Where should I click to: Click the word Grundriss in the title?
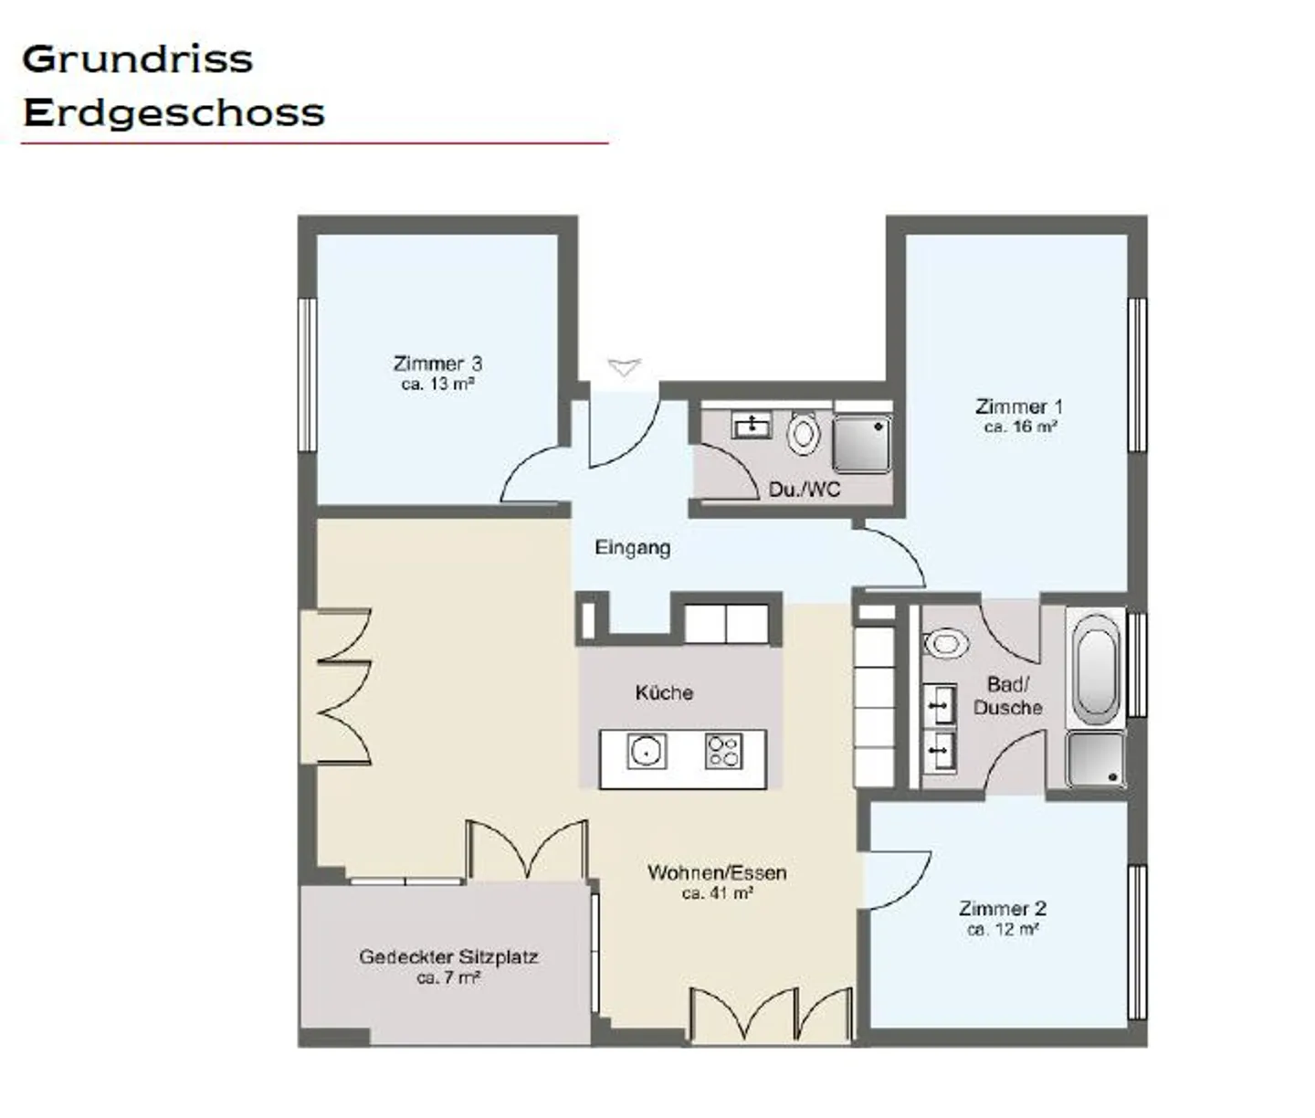[x=138, y=59]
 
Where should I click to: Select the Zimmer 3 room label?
[x=437, y=364]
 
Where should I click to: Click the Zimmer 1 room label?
[x=1019, y=406]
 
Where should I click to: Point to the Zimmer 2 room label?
[x=1003, y=908]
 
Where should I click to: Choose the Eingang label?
[x=632, y=548]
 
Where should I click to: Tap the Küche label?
[x=664, y=692]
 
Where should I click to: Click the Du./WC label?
[x=805, y=490]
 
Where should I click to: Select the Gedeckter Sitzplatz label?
[x=448, y=957]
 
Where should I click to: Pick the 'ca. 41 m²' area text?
[x=718, y=893]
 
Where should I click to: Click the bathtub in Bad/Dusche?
[x=1096, y=670]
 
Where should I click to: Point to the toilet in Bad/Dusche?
[x=945, y=643]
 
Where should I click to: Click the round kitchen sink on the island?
[x=647, y=752]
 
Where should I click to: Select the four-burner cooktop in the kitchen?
[x=724, y=752]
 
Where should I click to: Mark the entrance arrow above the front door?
[x=624, y=367]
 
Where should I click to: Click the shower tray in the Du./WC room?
[x=862, y=444]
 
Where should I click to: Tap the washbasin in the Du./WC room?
[x=752, y=425]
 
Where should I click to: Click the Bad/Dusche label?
[x=1008, y=696]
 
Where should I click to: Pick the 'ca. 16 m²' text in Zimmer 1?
[x=1020, y=427]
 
